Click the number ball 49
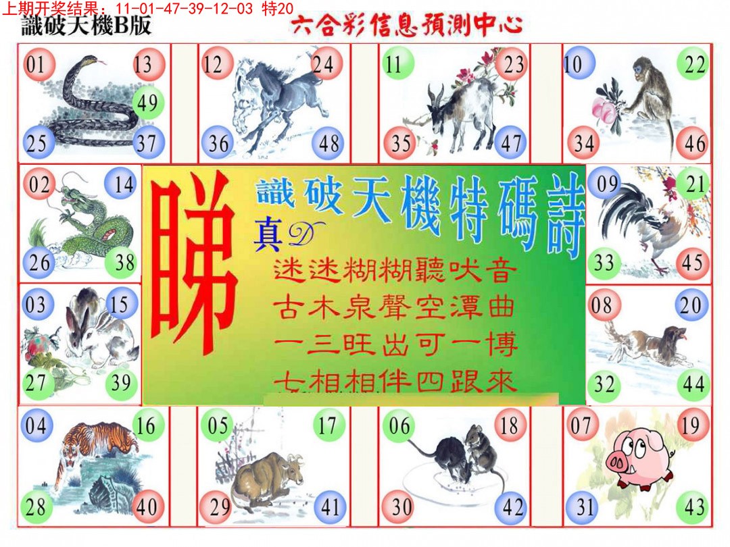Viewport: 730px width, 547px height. point(146,103)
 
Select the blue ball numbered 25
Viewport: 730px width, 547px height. point(38,143)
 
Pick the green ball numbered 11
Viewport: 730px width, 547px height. point(394,65)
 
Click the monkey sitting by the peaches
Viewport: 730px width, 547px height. point(646,101)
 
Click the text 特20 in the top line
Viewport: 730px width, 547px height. point(276,8)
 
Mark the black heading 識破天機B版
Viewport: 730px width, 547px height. point(87,26)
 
